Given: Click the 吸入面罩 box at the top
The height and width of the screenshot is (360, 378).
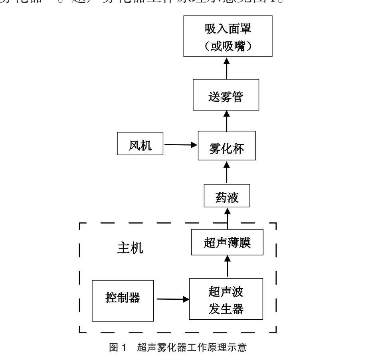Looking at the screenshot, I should pyautogui.click(x=228, y=36).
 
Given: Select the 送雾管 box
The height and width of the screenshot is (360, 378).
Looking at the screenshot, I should pyautogui.click(x=226, y=95).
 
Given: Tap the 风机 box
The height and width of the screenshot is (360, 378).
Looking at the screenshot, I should pyautogui.click(x=140, y=144).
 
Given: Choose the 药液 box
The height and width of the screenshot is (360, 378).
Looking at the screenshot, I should pyautogui.click(x=227, y=196).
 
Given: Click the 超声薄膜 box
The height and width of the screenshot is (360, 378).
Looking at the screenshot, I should pyautogui.click(x=227, y=242).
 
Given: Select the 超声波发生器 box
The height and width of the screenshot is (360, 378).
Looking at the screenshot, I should pyautogui.click(x=226, y=299).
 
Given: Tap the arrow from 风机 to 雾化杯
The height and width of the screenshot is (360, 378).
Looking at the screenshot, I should pyautogui.click(x=181, y=144).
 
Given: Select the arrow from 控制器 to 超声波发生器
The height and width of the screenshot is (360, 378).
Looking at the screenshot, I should pyautogui.click(x=171, y=299).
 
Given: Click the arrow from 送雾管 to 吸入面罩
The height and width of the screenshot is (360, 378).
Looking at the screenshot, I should pyautogui.click(x=227, y=68).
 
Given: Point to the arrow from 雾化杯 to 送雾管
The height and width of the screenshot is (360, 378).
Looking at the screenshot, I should pyautogui.click(x=227, y=121).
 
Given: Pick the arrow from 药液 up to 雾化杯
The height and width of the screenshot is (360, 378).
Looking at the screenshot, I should pyautogui.click(x=227, y=172).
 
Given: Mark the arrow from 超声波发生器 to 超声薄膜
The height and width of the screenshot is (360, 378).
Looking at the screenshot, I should pyautogui.click(x=228, y=267).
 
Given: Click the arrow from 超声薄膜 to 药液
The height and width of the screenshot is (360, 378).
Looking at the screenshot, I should pyautogui.click(x=228, y=218).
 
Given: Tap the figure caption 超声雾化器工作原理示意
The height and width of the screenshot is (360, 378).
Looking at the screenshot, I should pyautogui.click(x=192, y=347).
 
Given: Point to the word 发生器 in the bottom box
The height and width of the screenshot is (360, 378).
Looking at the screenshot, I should pyautogui.click(x=226, y=309).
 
